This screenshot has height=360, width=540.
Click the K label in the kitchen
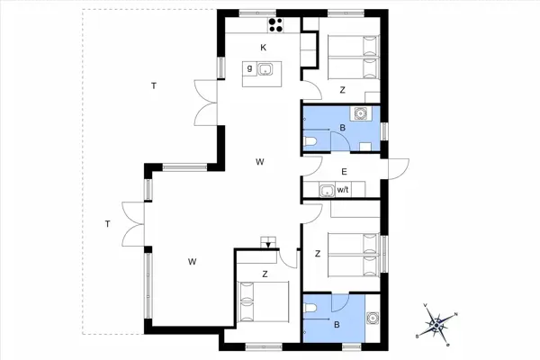pos(264,47)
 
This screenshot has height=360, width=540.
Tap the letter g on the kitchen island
pos(248,68)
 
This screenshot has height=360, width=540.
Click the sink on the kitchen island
pos(266,69)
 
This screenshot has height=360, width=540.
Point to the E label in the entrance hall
pos(344,170)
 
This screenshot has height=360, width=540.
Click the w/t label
pos(342,190)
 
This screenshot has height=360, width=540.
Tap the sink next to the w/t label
pos(324,190)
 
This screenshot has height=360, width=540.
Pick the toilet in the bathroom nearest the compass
pos(311,310)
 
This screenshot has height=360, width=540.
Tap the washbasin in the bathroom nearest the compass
pos(371,318)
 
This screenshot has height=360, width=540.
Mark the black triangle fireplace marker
pos(267,243)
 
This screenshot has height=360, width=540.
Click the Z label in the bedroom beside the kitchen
pos(342,89)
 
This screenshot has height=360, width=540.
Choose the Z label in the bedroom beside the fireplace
pos(265,274)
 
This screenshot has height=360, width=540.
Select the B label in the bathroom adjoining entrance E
pos(341,128)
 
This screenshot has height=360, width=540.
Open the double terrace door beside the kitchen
pos(205,98)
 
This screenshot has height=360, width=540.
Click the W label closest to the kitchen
pos(259,162)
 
